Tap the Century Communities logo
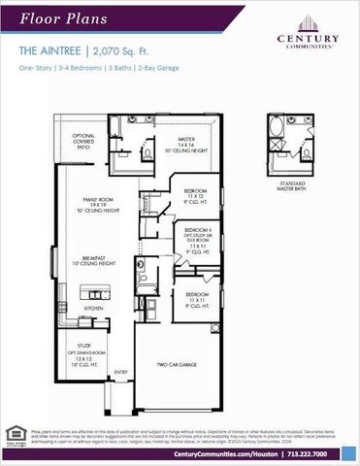click(x=308, y=33)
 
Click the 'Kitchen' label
click(x=94, y=309)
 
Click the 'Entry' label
click(x=121, y=372)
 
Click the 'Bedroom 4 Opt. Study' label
click(x=198, y=238)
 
